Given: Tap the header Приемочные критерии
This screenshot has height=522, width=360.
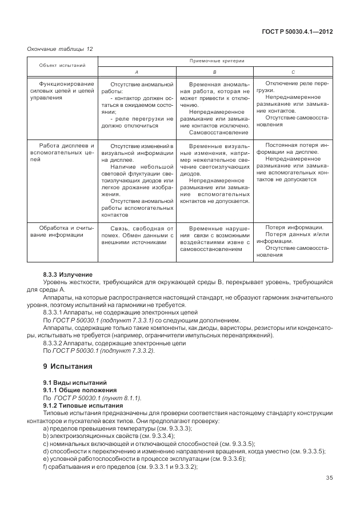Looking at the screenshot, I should click(214, 60).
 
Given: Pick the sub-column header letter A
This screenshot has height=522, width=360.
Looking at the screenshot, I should click(136, 72).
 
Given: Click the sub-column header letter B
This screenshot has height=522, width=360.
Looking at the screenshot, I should click(214, 72).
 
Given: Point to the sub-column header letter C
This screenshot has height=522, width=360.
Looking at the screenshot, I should click(293, 72).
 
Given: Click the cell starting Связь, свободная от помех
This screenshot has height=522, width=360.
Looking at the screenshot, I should click(136, 235).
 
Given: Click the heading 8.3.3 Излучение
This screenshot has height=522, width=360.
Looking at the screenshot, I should click(67, 276).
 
